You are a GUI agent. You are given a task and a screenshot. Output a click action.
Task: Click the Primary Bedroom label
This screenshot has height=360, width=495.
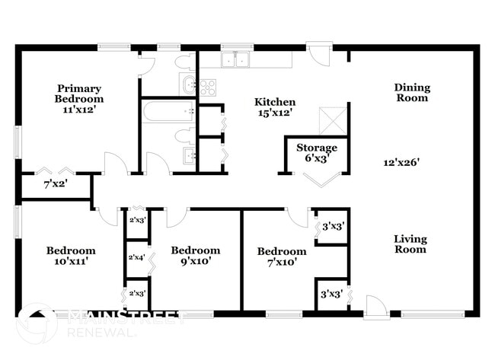click(79, 93)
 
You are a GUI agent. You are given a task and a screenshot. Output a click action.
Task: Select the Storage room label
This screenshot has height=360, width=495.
click(316, 148)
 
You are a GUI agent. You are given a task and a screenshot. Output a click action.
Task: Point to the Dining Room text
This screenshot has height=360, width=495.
click(411, 92)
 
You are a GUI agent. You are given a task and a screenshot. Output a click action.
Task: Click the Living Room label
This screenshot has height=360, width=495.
click(410, 244)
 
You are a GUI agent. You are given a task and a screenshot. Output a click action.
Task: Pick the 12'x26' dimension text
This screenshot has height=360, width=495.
click(403, 161)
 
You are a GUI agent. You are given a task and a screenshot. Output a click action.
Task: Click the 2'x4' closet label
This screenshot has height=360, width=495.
click(137, 258)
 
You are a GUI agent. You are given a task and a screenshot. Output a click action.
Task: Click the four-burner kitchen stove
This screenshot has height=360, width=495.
click(209, 87)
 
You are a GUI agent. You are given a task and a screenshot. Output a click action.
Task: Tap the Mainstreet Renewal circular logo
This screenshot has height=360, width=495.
click(37, 323)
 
